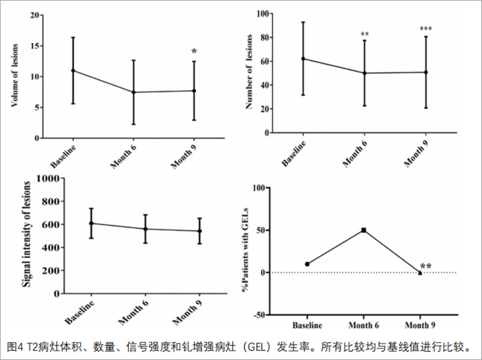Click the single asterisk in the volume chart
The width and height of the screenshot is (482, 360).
(194, 52)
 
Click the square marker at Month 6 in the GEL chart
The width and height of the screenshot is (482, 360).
(364, 230)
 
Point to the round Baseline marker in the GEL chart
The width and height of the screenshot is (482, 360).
(307, 264)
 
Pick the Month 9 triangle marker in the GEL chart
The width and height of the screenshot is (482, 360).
(420, 273)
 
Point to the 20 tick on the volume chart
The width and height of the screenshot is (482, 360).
(35, 14)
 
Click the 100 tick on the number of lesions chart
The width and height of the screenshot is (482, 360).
(261, 13)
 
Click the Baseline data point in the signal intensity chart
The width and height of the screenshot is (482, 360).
(91, 223)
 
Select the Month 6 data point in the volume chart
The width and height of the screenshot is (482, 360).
(133, 92)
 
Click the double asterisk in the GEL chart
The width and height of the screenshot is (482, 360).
(426, 267)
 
